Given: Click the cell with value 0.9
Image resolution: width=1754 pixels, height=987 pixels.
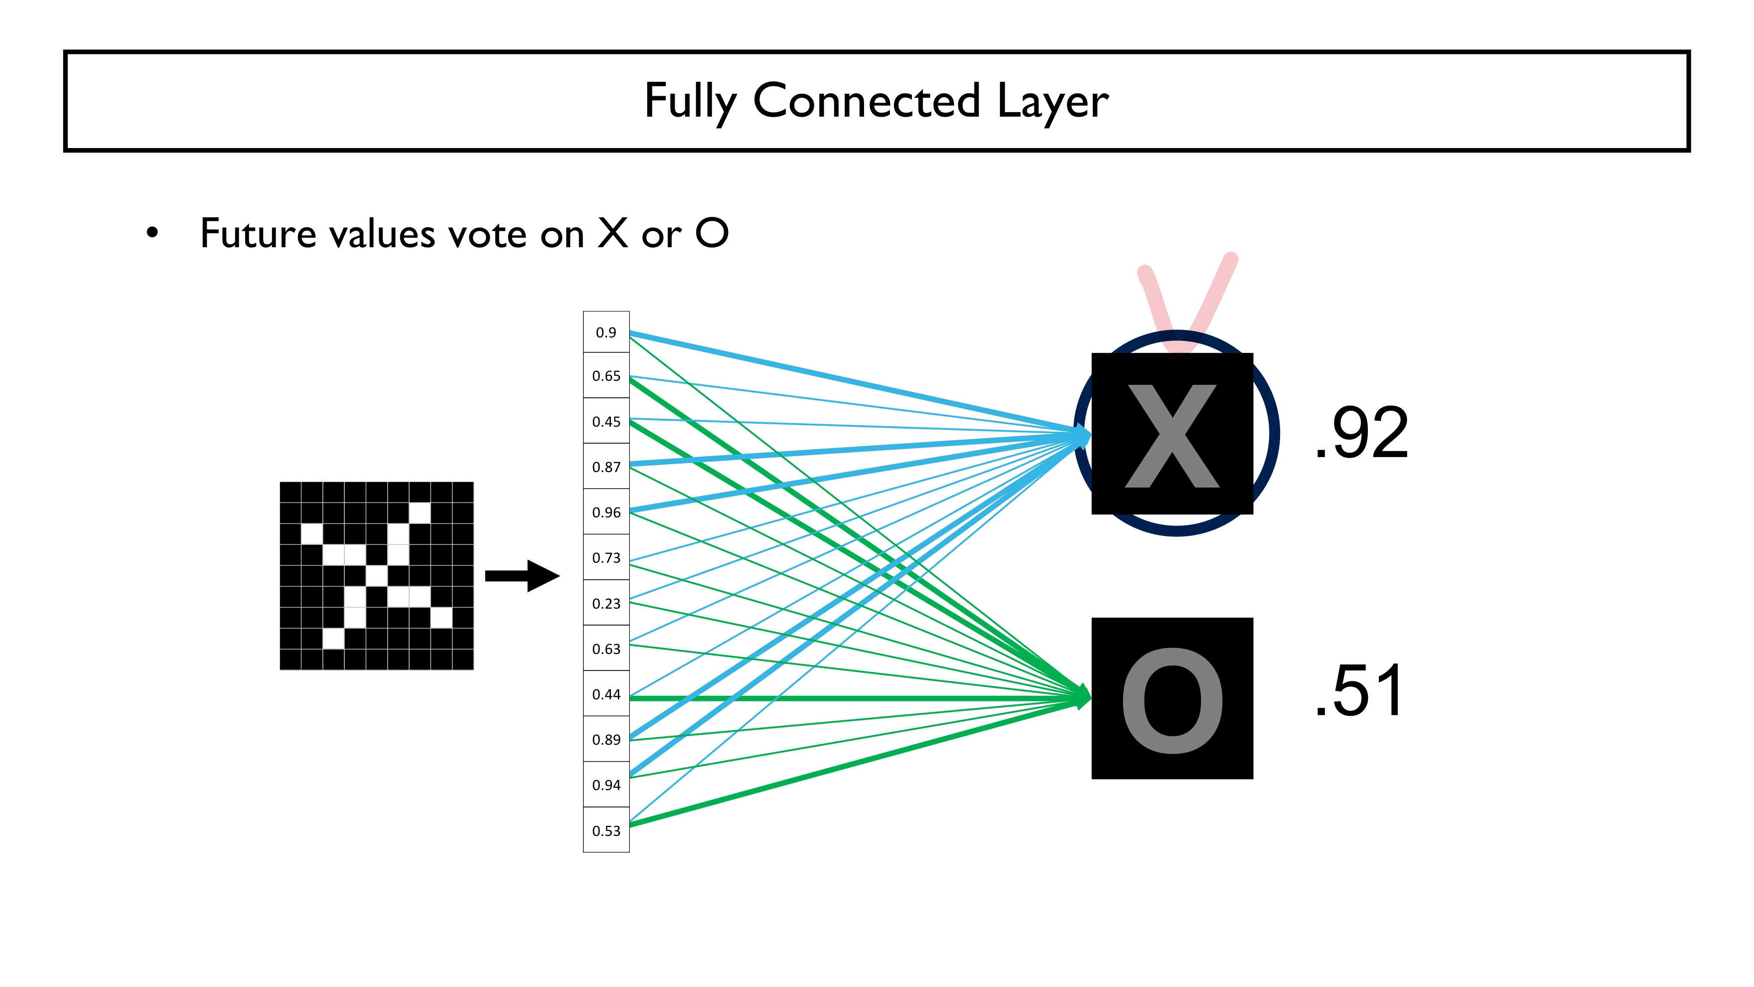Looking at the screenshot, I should [x=605, y=332].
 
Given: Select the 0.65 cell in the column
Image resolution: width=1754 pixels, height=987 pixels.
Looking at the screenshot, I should [x=605, y=376].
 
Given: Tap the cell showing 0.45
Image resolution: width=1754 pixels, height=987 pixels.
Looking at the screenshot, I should [x=605, y=422].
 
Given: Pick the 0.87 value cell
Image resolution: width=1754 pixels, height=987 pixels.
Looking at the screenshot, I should [x=605, y=467].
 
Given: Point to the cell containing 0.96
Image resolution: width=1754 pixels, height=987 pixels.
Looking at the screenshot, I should [x=605, y=512].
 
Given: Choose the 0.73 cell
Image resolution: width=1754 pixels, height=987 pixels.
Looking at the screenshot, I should [x=605, y=558].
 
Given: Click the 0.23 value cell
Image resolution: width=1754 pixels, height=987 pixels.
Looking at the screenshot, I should [x=605, y=604].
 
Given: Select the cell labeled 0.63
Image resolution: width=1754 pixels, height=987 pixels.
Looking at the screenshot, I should [x=605, y=649].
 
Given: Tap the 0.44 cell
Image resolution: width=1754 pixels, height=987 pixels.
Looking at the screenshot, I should [x=605, y=694].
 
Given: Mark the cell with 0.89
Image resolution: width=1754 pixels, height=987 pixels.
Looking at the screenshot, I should [x=605, y=740].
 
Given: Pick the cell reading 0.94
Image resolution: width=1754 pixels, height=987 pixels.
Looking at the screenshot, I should [x=605, y=785].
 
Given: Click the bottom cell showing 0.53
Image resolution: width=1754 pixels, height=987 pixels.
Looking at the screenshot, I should [x=605, y=830].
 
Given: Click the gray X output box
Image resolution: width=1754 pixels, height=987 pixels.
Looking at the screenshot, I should [x=1172, y=434].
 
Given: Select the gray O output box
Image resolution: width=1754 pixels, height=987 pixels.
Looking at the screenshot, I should [x=1172, y=698].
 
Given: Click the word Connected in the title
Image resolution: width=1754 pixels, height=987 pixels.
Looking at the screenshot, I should [x=866, y=101].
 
